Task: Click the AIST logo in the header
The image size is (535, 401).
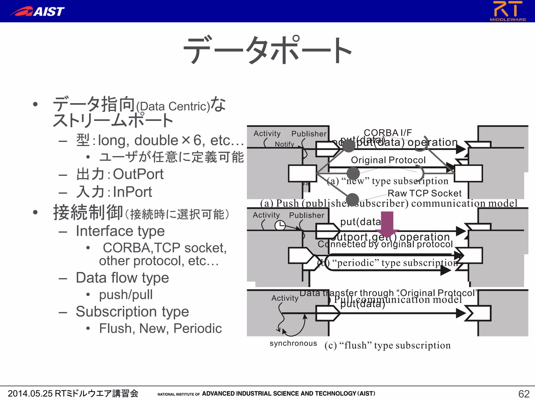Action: point(37,11)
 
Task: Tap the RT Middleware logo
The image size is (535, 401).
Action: point(508,11)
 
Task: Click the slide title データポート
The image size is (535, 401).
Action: point(267,50)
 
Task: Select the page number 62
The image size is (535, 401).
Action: point(524,394)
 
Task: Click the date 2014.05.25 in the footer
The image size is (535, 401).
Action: point(30,393)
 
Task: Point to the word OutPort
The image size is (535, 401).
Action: point(138,174)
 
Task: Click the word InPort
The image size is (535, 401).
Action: point(132,192)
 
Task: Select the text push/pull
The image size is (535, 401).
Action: point(126,295)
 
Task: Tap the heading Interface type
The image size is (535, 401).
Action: point(120,231)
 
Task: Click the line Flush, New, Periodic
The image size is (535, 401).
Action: point(160,328)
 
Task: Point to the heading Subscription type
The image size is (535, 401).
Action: point(132,312)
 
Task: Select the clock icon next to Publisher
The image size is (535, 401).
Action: point(280,225)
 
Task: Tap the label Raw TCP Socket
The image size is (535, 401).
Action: point(424,193)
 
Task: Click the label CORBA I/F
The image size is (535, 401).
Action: point(388,133)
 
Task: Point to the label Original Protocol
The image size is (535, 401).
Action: point(388,160)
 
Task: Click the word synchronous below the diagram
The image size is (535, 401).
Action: point(293,343)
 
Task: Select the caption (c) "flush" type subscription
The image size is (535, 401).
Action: point(387,345)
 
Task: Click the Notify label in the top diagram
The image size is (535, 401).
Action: point(284,144)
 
